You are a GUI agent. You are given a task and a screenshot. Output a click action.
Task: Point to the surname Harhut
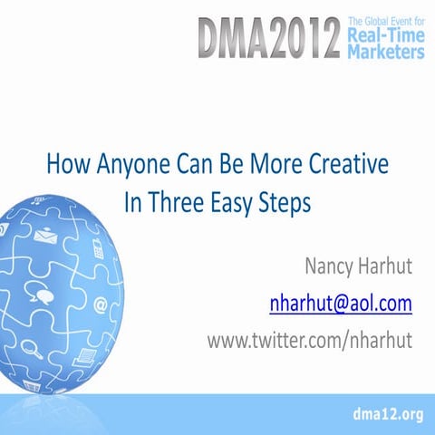coord(387,269)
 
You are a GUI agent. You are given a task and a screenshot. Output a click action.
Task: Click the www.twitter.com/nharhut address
coord(310,338)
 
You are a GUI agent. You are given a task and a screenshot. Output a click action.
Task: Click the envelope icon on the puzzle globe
coord(46,237)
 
